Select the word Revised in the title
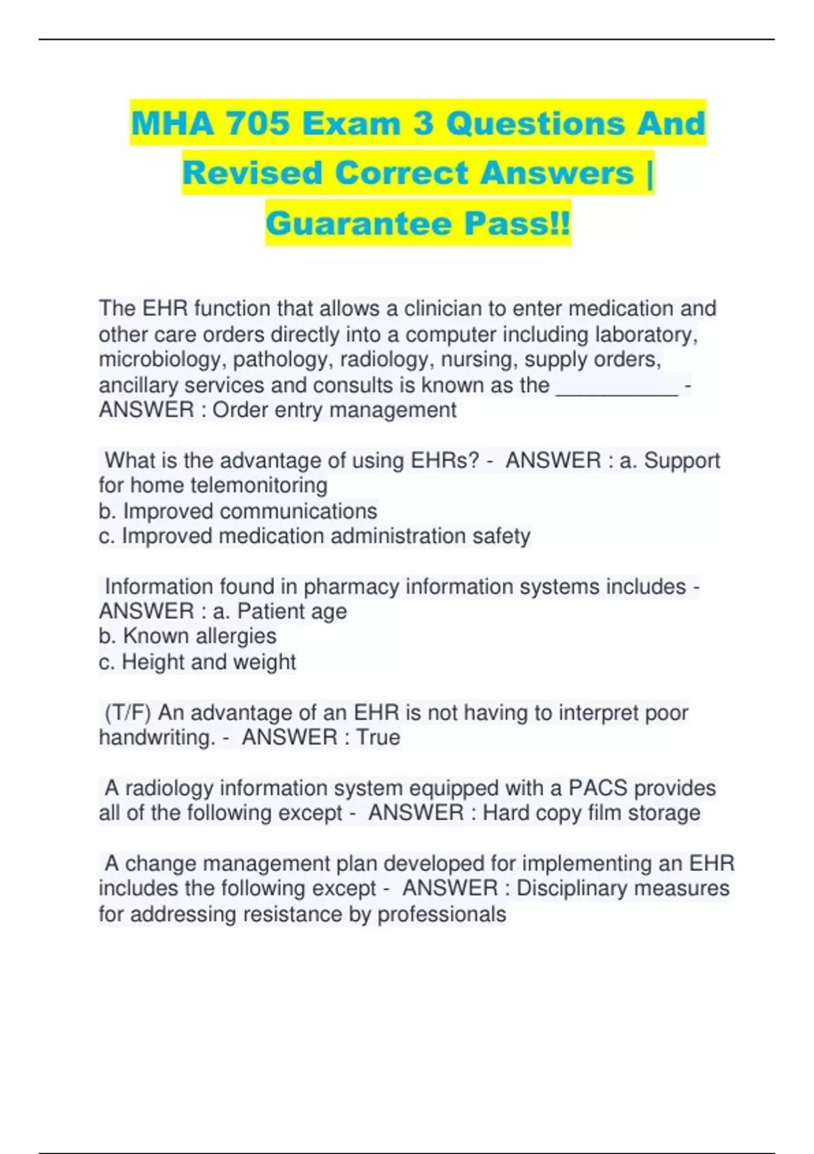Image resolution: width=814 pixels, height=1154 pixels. [252, 173]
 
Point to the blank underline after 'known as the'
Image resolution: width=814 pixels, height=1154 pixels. [616, 387]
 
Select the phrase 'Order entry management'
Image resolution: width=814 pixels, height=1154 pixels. [334, 410]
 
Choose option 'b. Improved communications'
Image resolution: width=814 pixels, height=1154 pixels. [237, 510]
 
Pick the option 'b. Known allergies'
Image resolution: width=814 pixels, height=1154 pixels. [187, 636]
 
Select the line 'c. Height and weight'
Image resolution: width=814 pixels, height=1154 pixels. [197, 662]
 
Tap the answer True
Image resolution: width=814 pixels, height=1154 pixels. [379, 737]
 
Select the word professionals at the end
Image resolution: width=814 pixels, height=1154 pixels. [442, 914]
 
